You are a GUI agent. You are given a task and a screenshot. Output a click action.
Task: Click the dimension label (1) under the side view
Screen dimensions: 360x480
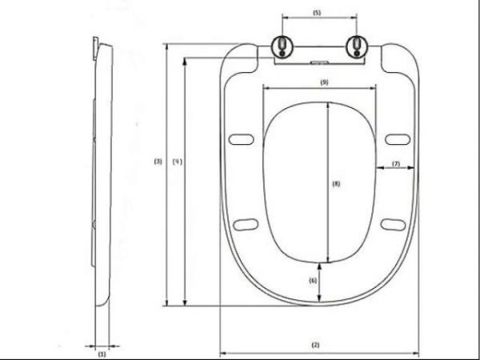[x=101, y=352]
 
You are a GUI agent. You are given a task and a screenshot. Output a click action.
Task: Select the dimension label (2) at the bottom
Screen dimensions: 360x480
[x=315, y=344]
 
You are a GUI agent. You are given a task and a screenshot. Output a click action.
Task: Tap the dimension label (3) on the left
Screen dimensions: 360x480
[x=158, y=162]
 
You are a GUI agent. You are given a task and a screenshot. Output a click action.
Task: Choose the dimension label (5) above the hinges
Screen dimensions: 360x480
[x=316, y=14]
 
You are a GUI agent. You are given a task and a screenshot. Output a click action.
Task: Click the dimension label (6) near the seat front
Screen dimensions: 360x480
[x=314, y=280]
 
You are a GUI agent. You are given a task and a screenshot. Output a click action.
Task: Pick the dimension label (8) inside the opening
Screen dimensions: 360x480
[x=336, y=184]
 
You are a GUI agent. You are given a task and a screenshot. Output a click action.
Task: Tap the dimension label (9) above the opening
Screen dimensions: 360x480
[x=323, y=82]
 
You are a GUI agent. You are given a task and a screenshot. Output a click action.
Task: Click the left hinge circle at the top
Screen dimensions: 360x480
[x=282, y=46]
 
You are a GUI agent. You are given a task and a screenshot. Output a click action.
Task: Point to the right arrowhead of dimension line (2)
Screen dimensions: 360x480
[x=415, y=351]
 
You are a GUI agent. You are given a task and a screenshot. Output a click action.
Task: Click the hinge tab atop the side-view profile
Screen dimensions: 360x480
[x=96, y=44]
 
